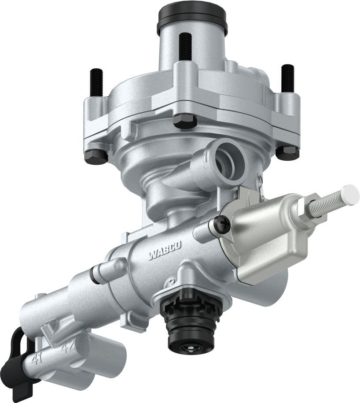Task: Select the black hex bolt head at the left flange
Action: (96, 157)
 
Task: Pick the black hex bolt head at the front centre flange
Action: (184, 121)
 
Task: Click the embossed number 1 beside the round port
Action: (206, 155)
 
